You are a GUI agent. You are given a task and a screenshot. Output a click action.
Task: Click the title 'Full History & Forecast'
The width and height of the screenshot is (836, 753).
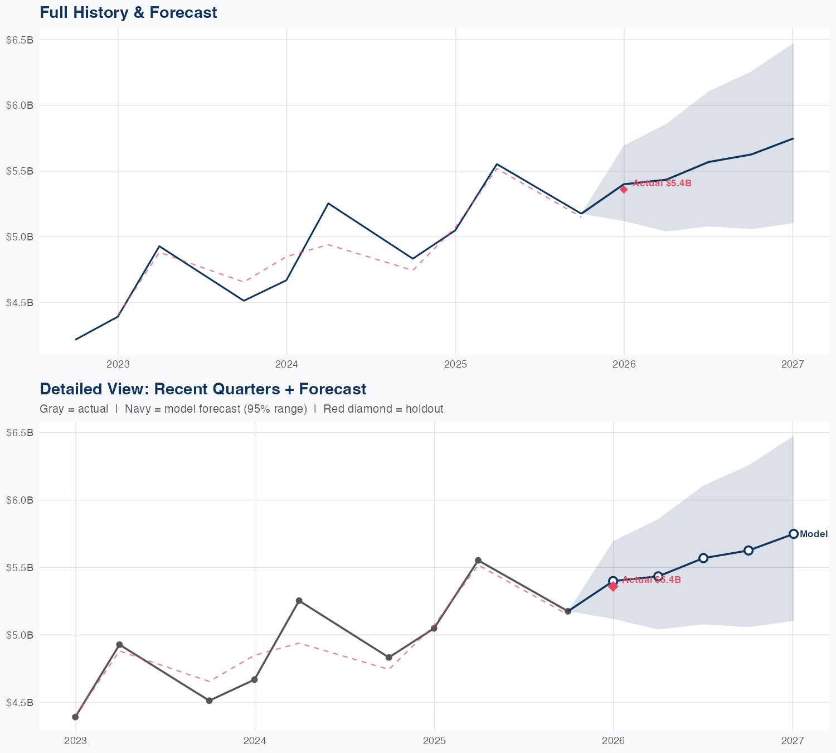point(128,12)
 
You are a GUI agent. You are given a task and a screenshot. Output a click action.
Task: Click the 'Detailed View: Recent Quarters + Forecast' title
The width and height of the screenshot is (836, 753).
point(203,389)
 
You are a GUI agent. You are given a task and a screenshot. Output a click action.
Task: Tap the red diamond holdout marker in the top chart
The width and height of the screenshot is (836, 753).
point(624,189)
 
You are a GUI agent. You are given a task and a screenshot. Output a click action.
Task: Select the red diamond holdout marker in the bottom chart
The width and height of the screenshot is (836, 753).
point(613,586)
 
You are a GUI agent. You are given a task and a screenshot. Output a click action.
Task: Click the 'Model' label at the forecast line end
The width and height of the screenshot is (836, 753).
point(814,534)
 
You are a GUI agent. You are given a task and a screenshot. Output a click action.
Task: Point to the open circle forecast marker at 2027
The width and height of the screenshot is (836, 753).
point(793,534)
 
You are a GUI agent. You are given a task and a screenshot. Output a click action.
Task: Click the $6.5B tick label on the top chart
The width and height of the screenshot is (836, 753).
point(20,40)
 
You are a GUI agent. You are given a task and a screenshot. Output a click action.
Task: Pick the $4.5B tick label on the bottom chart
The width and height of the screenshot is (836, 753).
point(20,702)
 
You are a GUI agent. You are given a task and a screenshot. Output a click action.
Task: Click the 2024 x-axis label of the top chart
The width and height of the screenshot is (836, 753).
point(286,365)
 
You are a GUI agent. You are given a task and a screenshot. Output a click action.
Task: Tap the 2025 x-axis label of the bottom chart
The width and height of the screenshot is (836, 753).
point(434,741)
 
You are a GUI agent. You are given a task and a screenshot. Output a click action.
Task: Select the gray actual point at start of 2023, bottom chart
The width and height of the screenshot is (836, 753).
point(75,717)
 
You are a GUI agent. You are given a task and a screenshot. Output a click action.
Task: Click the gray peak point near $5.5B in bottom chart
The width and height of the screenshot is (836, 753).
point(478,560)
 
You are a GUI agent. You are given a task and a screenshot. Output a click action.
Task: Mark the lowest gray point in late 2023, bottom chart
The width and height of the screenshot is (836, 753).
point(209,701)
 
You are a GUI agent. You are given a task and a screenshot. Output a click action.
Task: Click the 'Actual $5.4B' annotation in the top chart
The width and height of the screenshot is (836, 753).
point(662,184)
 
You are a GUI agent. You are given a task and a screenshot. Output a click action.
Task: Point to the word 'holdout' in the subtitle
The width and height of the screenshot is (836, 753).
point(424,409)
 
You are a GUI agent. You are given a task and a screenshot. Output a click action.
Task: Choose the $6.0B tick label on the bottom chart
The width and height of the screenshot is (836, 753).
point(20,500)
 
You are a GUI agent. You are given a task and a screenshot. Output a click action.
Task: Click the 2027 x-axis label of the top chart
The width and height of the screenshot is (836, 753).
point(793,365)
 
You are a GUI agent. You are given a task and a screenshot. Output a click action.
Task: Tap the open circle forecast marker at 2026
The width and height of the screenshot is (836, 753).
point(613,581)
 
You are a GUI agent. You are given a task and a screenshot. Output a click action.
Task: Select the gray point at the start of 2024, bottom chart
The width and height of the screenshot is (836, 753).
point(254,679)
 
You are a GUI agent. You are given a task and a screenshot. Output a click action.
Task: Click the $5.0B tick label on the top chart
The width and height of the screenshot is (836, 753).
point(20,236)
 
